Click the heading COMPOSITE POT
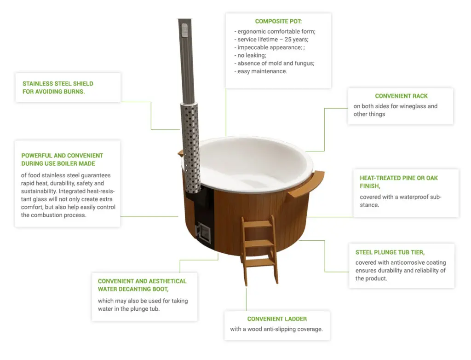278,21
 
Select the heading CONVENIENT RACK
401,96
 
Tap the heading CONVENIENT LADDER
277,319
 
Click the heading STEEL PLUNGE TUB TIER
390,252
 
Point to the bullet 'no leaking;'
250,55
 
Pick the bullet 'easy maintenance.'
261,71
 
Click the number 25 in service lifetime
288,40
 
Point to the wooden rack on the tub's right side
305,184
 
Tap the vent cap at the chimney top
184,30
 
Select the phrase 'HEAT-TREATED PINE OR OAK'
399,178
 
